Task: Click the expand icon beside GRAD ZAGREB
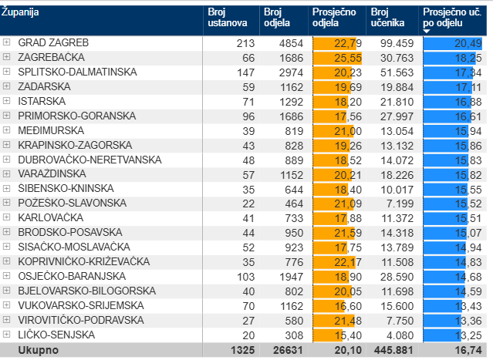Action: point(7,42)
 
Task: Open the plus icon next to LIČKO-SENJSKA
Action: point(7,335)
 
